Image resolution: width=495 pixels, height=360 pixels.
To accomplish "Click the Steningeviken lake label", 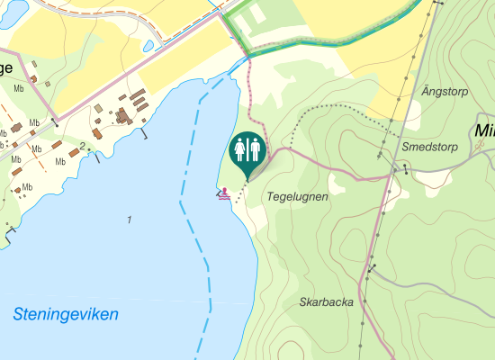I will click(66, 315).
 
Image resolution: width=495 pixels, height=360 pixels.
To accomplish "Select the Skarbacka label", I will click(326, 302).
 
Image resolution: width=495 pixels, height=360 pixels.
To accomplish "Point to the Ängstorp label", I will click(444, 92).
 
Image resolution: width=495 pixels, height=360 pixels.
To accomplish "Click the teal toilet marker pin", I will click(247, 154).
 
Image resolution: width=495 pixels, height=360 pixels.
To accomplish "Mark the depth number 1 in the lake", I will click(130, 220).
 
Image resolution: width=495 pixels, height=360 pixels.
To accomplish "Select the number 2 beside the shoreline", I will click(82, 146).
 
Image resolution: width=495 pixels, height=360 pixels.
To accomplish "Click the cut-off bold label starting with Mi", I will click(483, 132).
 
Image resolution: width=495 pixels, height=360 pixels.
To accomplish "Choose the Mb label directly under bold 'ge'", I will click(18, 88).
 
